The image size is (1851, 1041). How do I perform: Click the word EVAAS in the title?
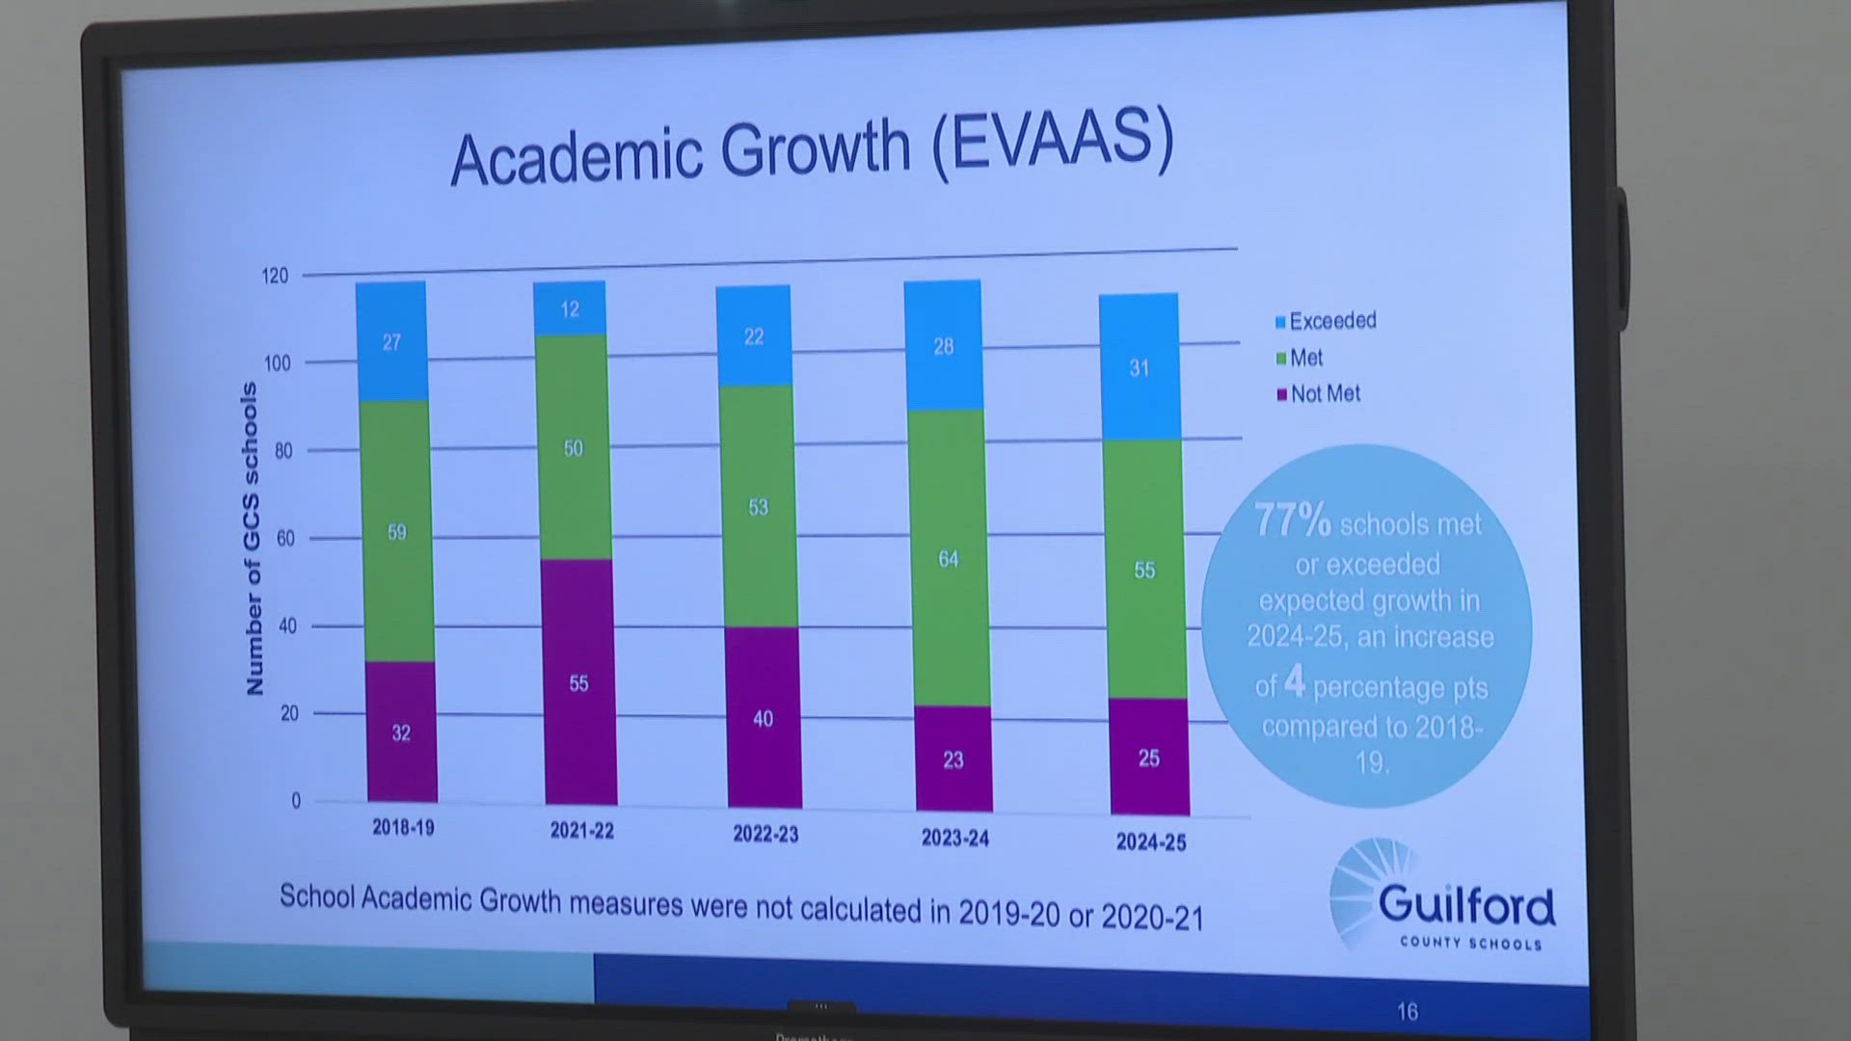coord(1053,142)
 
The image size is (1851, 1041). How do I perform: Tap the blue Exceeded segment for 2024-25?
coord(1139,367)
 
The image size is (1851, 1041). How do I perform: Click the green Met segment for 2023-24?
coord(949,558)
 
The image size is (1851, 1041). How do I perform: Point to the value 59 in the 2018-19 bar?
coord(396,532)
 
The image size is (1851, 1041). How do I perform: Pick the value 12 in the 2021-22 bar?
coord(570,309)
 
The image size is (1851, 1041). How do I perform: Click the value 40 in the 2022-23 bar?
coord(763,718)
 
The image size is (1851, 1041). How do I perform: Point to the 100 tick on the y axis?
coord(277,363)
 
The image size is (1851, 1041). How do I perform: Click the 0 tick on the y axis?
coord(296,801)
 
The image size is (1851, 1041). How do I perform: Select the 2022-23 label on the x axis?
coord(765,834)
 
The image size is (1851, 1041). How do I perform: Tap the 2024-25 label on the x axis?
coord(1151,842)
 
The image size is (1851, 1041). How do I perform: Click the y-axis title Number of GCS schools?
coord(253,538)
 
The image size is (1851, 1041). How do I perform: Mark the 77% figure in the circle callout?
coord(1292,520)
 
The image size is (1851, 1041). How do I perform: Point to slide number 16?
coord(1408,1011)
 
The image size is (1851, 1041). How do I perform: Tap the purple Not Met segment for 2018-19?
coord(401,732)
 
